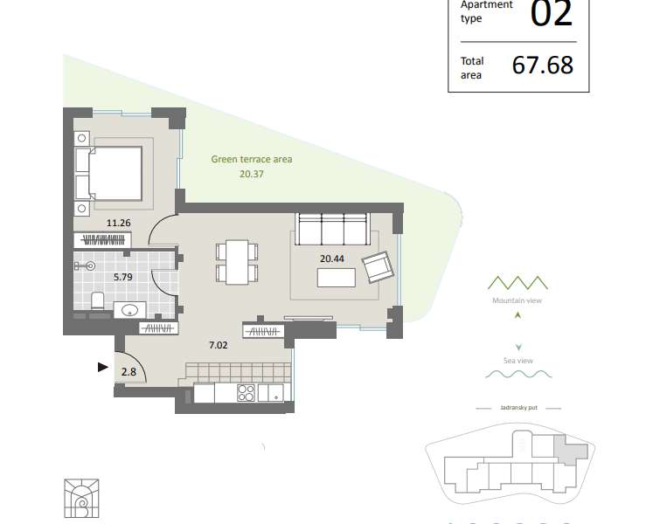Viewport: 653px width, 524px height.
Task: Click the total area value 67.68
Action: click(543, 65)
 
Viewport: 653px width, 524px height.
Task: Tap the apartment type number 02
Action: click(552, 14)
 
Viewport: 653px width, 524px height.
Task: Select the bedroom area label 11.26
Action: click(119, 223)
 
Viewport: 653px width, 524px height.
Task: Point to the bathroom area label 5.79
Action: click(123, 277)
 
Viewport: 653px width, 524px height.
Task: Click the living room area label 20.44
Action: click(332, 259)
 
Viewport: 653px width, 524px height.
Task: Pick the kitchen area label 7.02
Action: click(219, 345)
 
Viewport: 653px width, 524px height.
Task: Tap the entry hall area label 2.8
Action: click(129, 372)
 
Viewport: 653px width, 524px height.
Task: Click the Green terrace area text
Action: click(252, 159)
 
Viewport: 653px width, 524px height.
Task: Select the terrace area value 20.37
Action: click(252, 174)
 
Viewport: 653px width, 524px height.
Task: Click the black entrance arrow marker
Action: click(103, 367)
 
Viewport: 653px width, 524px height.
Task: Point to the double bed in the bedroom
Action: click(109, 173)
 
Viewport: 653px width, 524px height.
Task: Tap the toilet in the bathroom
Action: click(97, 300)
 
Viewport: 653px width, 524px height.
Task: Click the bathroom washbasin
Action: click(130, 310)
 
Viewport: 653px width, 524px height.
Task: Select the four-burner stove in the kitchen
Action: click(246, 392)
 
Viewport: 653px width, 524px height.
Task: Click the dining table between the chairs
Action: click(237, 262)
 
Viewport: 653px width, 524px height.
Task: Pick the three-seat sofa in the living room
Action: click(332, 229)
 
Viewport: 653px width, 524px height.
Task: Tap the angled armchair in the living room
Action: click(379, 267)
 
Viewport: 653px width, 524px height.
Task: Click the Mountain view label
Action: click(518, 300)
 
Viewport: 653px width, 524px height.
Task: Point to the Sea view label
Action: click(518, 361)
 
